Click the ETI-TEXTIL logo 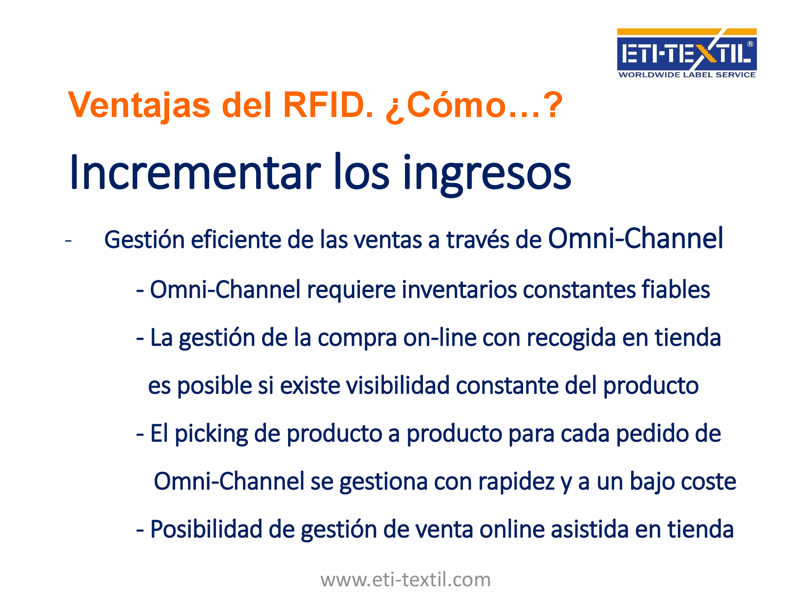tap(687, 53)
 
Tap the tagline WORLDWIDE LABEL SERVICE tap(687, 75)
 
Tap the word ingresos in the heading tap(487, 175)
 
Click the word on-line tap(440, 338)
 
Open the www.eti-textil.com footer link tap(406, 580)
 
